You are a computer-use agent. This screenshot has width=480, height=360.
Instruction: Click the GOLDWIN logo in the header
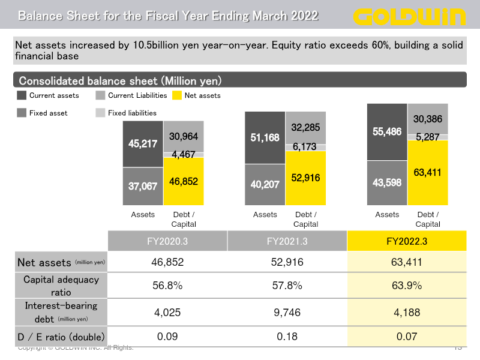[x=410, y=16]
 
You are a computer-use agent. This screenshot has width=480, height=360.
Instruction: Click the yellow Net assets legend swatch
[x=176, y=95]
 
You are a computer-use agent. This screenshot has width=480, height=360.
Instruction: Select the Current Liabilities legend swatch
[x=100, y=95]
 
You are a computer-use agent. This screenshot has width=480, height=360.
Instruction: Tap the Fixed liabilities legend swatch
[x=100, y=113]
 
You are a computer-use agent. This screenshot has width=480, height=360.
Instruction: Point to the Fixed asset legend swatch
[x=22, y=113]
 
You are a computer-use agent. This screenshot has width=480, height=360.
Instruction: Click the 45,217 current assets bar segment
[x=143, y=144]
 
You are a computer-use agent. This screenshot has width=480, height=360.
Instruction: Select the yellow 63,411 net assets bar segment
[x=428, y=173]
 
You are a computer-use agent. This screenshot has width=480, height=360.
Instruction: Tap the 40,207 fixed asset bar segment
[x=265, y=185]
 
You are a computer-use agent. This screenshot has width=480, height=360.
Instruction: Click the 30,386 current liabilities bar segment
[x=428, y=119]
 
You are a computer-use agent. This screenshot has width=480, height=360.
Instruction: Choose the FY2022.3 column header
[x=407, y=241]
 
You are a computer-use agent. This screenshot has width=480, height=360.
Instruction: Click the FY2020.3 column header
[x=167, y=241]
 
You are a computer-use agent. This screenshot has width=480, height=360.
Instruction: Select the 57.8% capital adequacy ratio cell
[x=287, y=286]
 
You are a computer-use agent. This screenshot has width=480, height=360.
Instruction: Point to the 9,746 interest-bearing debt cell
[x=287, y=312]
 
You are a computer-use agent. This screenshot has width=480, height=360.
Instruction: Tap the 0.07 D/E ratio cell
[x=407, y=337]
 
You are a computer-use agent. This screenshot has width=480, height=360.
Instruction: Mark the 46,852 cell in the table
[x=167, y=262]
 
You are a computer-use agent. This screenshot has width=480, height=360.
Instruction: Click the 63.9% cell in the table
[x=407, y=286]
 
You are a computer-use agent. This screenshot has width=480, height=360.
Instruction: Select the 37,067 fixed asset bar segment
[x=143, y=187]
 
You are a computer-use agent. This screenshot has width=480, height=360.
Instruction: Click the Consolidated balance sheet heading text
[x=120, y=80]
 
